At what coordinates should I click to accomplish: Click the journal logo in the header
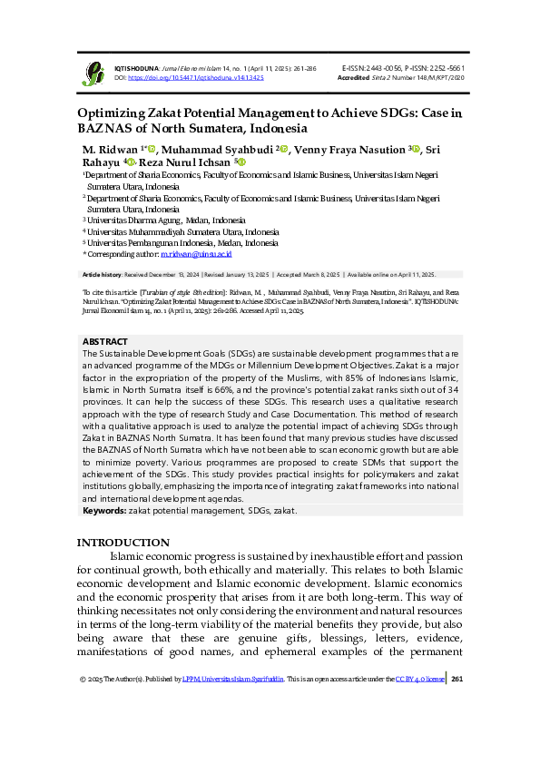point(93,73)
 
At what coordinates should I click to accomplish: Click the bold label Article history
point(103,274)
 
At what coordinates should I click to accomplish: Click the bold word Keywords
point(104,511)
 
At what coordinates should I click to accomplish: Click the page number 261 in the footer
point(457,679)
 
